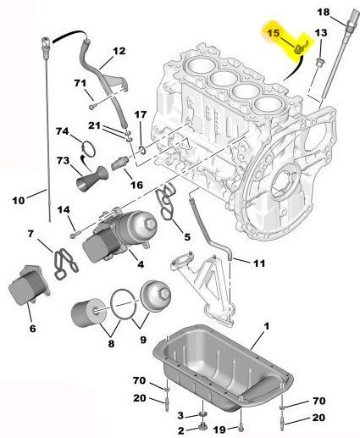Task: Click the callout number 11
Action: click(x=259, y=263)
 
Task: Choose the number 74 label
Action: click(x=62, y=132)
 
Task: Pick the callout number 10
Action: click(x=17, y=200)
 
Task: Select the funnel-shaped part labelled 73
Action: click(x=91, y=180)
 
